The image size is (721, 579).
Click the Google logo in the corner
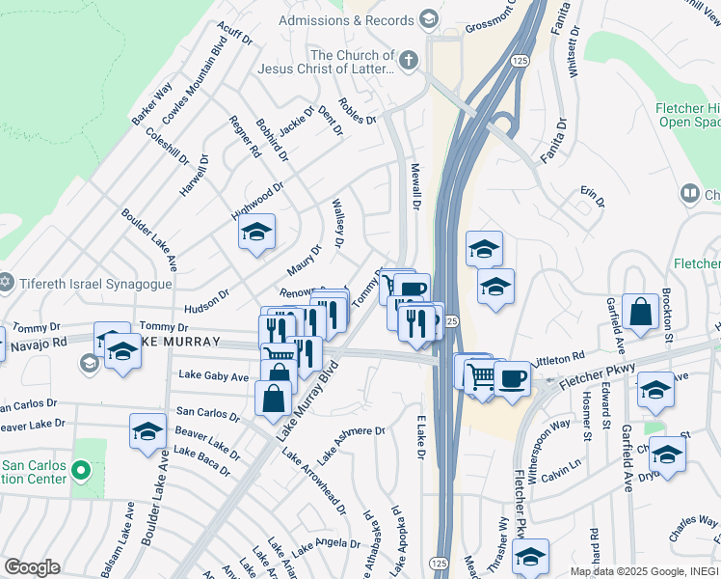tap(31, 567)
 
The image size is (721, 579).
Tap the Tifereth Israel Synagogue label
tap(93, 284)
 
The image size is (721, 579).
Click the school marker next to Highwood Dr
tap(256, 233)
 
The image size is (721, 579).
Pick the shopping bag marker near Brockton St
tap(640, 312)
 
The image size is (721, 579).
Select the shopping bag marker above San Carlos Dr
tap(274, 398)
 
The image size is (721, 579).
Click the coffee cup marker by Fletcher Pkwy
tap(511, 378)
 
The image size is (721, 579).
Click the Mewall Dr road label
tap(417, 186)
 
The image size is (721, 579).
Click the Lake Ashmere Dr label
tap(352, 445)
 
